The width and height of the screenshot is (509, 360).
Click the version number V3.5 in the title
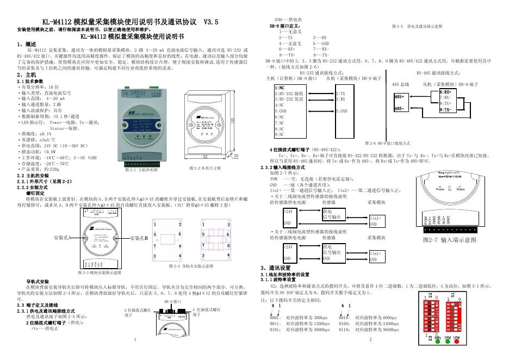coord(210,22)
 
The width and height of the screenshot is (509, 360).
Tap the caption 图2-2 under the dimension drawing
coord(208,169)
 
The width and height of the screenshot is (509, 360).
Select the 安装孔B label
coord(139,238)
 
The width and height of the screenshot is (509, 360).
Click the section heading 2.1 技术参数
coord(30,81)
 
